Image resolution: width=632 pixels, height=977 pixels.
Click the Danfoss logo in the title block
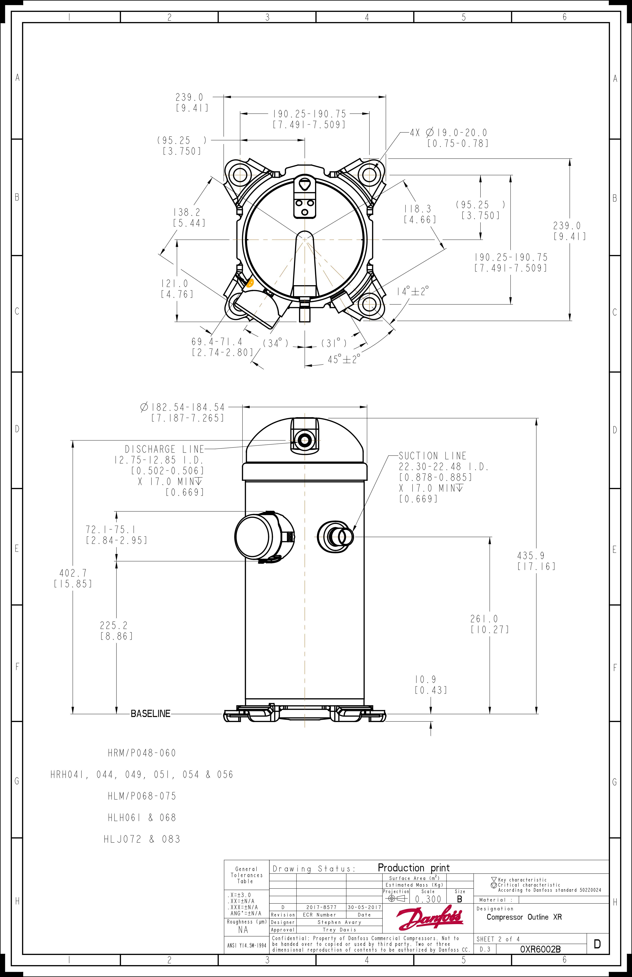[x=430, y=918]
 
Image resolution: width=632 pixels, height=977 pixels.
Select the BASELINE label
[x=150, y=713]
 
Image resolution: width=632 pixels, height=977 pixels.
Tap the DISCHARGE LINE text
[x=164, y=449]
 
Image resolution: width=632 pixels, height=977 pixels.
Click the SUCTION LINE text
[x=433, y=456]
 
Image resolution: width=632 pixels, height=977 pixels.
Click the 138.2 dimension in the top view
[x=187, y=212]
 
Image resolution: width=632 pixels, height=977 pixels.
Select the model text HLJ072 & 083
[x=142, y=839]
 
